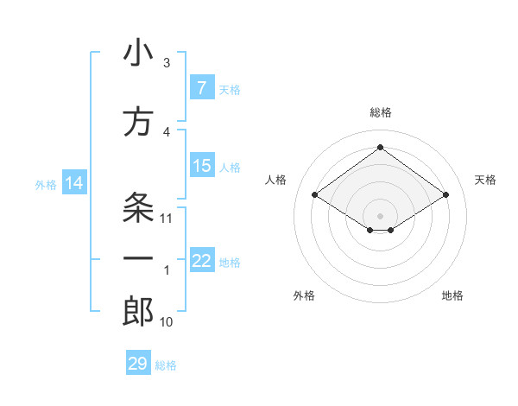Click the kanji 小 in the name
pyautogui.click(x=137, y=54)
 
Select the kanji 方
pyautogui.click(x=137, y=122)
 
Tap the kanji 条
pyautogui.click(x=137, y=207)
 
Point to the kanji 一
pyautogui.click(x=137, y=259)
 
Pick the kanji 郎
pyautogui.click(x=137, y=312)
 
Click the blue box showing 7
pyautogui.click(x=201, y=87)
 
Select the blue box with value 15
pyautogui.click(x=201, y=166)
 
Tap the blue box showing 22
pyautogui.click(x=201, y=262)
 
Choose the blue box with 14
pyautogui.click(x=73, y=183)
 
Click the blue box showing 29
pyautogui.click(x=137, y=364)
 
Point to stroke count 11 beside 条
pyautogui.click(x=167, y=219)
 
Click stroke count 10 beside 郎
pyautogui.click(x=167, y=322)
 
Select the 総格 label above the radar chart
pyautogui.click(x=380, y=113)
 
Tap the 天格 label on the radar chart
pyautogui.click(x=485, y=180)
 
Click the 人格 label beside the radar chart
pyautogui.click(x=275, y=180)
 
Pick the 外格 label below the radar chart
pyautogui.click(x=304, y=296)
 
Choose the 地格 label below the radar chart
pyautogui.click(x=452, y=296)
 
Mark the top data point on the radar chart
pyautogui.click(x=380, y=148)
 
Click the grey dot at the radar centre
pyautogui.click(x=380, y=214)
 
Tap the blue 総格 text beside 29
pyautogui.click(x=166, y=365)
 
